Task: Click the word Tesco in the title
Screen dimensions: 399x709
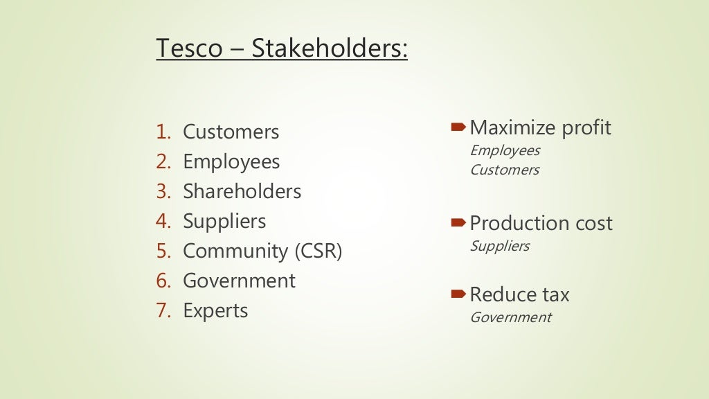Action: [189, 49]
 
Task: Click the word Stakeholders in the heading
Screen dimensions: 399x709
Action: [330, 49]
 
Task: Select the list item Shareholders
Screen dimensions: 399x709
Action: [242, 191]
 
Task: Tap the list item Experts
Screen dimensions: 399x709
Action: [215, 311]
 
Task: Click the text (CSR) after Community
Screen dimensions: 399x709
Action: [318, 251]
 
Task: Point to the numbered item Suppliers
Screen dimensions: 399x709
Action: [224, 222]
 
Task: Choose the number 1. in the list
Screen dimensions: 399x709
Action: [163, 132]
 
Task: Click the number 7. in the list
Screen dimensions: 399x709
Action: [163, 311]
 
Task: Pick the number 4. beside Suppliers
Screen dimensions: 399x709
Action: [163, 222]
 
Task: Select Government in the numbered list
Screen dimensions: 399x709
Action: [239, 281]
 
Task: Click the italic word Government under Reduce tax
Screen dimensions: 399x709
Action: [510, 317]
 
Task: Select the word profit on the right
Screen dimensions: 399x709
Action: [586, 128]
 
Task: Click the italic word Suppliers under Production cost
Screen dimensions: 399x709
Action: [499, 246]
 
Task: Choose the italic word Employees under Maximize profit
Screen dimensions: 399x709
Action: [505, 150]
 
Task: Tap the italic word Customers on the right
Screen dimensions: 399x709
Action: [504, 170]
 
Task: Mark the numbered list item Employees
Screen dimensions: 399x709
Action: [231, 162]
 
